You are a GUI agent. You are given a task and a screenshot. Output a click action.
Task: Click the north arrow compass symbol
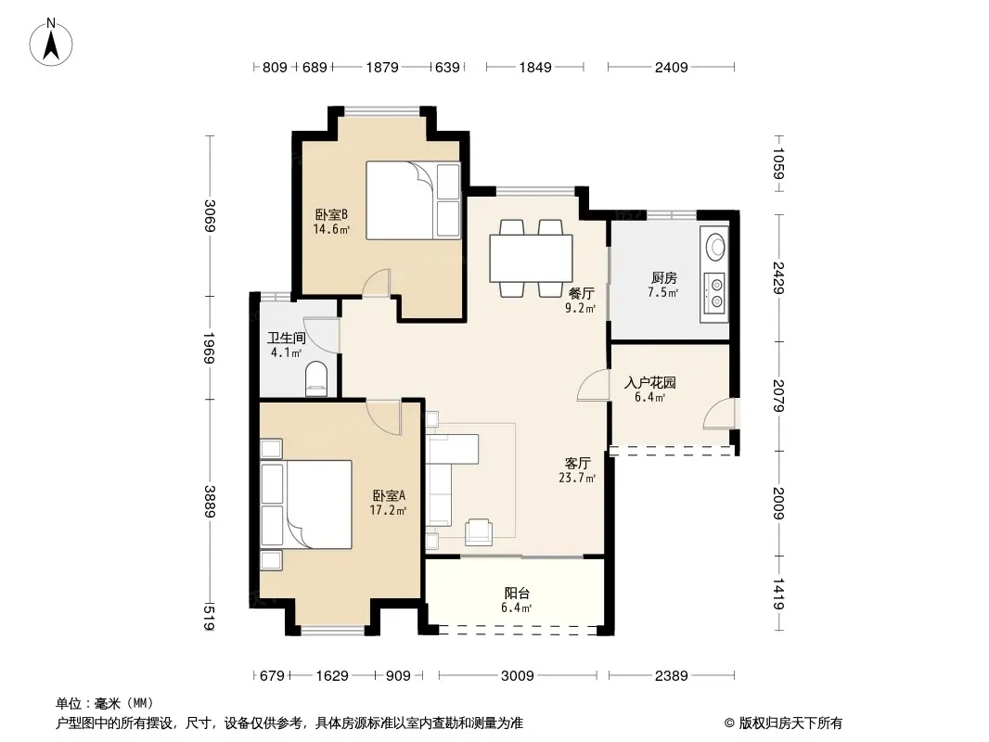[x=51, y=43]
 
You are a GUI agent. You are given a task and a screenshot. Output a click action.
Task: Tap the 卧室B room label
[x=331, y=215]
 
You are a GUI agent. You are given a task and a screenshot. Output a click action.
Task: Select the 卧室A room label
[x=389, y=496]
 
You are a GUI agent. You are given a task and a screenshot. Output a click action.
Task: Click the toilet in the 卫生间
[x=316, y=378]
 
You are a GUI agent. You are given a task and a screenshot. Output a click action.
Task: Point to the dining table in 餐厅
[x=531, y=259]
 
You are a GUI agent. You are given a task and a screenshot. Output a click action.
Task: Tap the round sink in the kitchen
[x=716, y=247]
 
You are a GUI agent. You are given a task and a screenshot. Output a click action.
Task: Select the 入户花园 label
[x=649, y=383]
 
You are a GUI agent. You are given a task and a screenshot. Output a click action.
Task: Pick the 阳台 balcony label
[x=517, y=594]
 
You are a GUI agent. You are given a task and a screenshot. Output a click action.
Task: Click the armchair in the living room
[x=478, y=531]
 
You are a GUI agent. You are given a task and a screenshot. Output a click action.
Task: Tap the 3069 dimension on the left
[x=210, y=215]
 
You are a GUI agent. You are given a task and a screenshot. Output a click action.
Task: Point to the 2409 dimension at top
[x=671, y=67]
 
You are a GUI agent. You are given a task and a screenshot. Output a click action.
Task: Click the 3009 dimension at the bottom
[x=517, y=676]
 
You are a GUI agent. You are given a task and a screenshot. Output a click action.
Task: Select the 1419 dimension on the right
[x=779, y=594]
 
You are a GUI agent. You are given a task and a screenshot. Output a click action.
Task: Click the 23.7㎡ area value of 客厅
[x=577, y=479]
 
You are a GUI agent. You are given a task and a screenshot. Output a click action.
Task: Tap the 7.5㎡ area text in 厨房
[x=663, y=292]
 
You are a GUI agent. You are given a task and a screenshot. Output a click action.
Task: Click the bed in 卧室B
[x=413, y=200]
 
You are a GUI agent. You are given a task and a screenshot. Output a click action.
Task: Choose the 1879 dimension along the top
[x=382, y=67]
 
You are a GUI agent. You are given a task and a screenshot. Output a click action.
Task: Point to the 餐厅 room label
[x=581, y=293]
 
